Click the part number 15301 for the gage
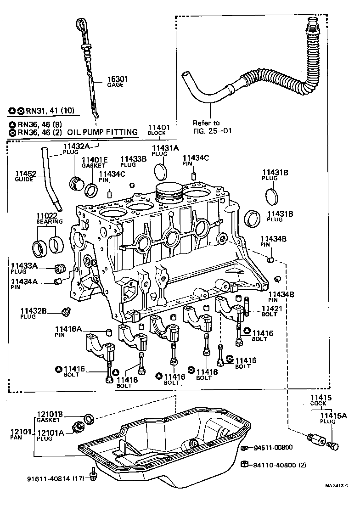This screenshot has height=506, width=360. pyautogui.click(x=118, y=79)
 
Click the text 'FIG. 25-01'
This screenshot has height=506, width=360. pyautogui.click(x=212, y=130)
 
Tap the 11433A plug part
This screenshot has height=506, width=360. pyautogui.click(x=60, y=268)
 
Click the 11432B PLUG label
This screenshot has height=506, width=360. pyautogui.click(x=34, y=313)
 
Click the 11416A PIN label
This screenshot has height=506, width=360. pyautogui.click(x=68, y=332)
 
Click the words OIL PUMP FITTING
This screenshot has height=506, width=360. pyautogui.click(x=102, y=132)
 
